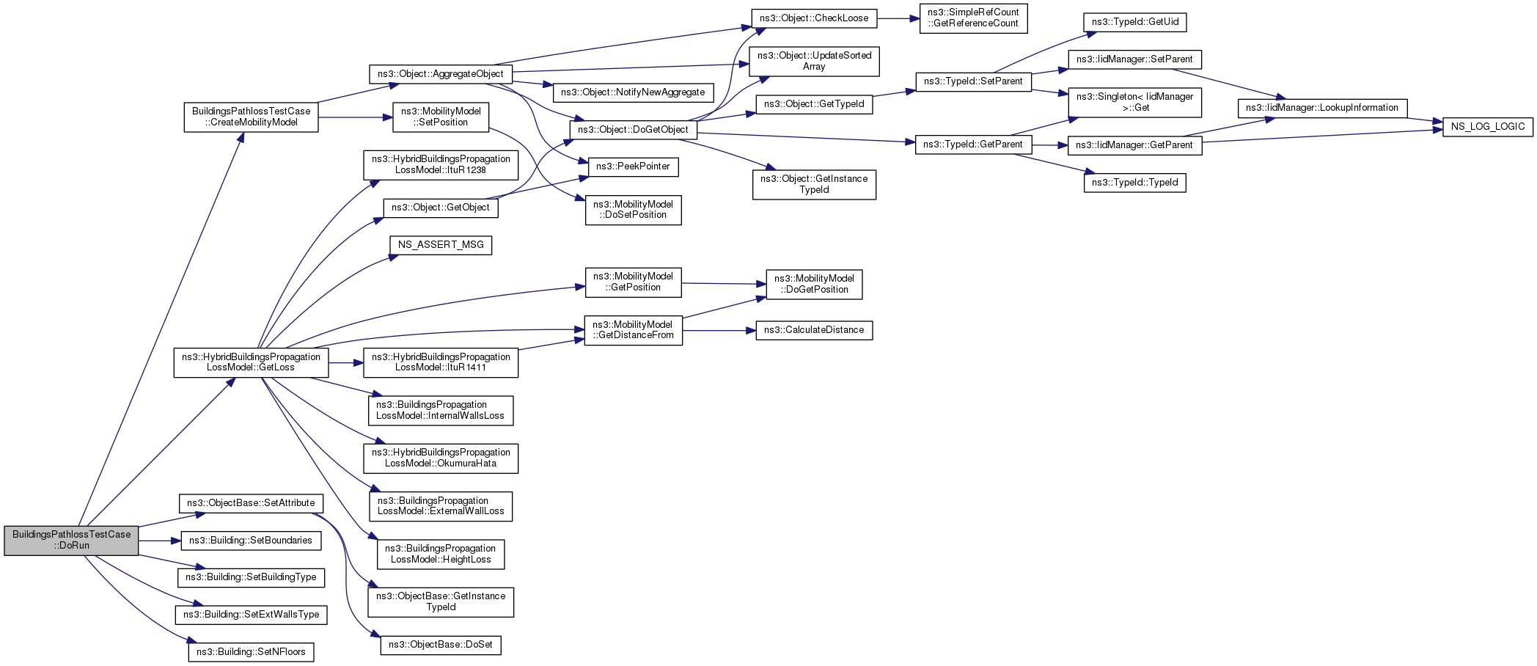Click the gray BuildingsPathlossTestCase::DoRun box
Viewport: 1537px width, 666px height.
(71, 540)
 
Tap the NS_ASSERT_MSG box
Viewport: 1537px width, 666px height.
(441, 245)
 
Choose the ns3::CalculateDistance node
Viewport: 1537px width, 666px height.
(814, 330)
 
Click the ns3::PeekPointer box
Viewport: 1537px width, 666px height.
(633, 166)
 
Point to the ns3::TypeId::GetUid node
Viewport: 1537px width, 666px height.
(1134, 22)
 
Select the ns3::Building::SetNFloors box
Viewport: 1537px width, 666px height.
(251, 652)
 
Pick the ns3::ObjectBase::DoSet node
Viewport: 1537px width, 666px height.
(441, 645)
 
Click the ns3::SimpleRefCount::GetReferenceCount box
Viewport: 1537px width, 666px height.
(973, 18)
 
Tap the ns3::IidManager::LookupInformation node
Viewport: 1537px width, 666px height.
(1322, 108)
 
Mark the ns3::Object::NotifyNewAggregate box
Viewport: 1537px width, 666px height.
(633, 92)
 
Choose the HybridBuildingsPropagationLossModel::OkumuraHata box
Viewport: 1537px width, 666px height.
(441, 458)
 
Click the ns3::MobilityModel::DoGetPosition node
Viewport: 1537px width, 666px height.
(814, 284)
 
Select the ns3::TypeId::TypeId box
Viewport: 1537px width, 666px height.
(1134, 183)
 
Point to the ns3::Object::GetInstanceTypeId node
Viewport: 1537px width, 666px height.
(814, 184)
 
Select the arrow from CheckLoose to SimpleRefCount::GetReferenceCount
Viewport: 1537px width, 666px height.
(898, 18)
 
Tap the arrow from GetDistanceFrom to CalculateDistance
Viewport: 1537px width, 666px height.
(719, 331)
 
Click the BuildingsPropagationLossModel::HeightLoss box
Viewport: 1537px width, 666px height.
(441, 554)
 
